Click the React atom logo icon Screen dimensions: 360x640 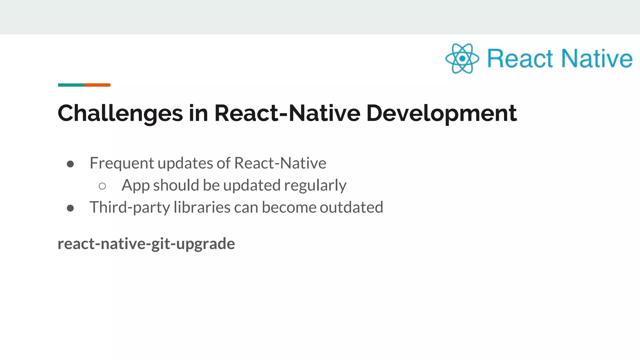462,58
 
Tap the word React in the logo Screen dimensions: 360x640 520,58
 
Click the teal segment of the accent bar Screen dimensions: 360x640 71,85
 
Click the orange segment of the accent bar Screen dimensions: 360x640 97,85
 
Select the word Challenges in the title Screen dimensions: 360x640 120,113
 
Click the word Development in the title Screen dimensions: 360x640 441,113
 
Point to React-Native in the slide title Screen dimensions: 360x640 287,113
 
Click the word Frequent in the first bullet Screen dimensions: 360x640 122,163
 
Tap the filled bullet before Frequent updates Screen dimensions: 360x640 70,164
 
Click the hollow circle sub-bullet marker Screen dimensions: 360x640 102,186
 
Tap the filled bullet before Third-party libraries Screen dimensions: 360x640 70,208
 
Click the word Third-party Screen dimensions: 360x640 129,207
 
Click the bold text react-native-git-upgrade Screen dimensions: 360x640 146,244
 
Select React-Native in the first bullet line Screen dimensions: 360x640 280,163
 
